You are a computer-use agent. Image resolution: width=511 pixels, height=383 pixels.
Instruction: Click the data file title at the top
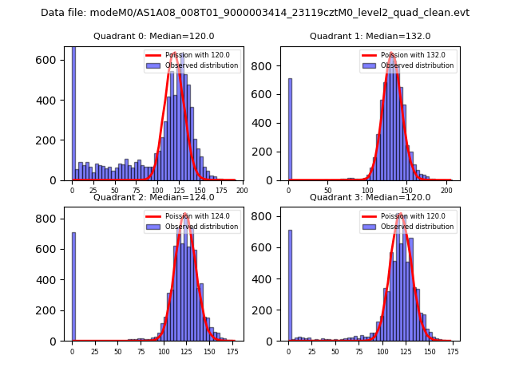point(255,13)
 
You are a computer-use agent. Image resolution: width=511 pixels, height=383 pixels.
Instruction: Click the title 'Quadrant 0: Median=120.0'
point(153,36)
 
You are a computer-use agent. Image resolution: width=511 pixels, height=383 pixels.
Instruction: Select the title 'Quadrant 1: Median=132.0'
point(370,36)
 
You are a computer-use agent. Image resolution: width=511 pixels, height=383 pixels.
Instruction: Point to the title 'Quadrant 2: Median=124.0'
point(153,197)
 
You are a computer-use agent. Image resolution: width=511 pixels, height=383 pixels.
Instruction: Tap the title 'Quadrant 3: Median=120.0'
point(370,197)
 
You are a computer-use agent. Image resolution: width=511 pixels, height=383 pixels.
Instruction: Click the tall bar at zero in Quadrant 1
point(290,129)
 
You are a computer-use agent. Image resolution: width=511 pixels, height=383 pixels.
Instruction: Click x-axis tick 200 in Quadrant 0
point(242,190)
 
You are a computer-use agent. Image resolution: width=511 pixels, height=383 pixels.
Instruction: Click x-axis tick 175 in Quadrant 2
point(232,351)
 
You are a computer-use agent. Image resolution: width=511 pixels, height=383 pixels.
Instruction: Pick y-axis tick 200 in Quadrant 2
point(50,310)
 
